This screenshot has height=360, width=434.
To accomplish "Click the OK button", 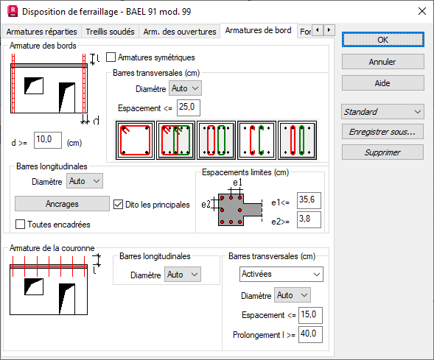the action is tap(383, 40).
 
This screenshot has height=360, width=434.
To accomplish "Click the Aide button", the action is tap(383, 83).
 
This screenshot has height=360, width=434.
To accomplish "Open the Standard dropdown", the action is tap(382, 112).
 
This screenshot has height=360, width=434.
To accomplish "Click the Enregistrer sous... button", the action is tap(382, 132).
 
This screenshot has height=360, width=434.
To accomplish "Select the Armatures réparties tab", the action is tap(41, 32).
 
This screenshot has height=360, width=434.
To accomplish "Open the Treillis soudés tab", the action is tap(110, 32).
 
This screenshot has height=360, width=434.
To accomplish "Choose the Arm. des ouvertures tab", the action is tap(180, 32).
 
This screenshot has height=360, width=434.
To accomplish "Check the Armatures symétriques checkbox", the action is tap(111, 57).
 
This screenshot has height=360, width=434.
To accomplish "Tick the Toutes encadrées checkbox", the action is tap(20, 225).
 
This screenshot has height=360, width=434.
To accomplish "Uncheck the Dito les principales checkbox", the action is tap(118, 205).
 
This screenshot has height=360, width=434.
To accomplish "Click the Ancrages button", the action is tap(62, 204).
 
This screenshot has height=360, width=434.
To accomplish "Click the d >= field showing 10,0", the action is tap(48, 140).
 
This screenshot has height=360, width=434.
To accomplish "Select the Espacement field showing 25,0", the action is tap(188, 107).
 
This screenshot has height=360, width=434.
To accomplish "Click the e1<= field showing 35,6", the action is tap(309, 200).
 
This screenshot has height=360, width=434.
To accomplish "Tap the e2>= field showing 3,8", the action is tap(309, 219).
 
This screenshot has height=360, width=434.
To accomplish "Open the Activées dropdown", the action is tap(281, 275).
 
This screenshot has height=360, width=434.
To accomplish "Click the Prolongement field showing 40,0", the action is tap(310, 334).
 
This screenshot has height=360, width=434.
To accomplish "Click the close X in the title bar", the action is tap(422, 11).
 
